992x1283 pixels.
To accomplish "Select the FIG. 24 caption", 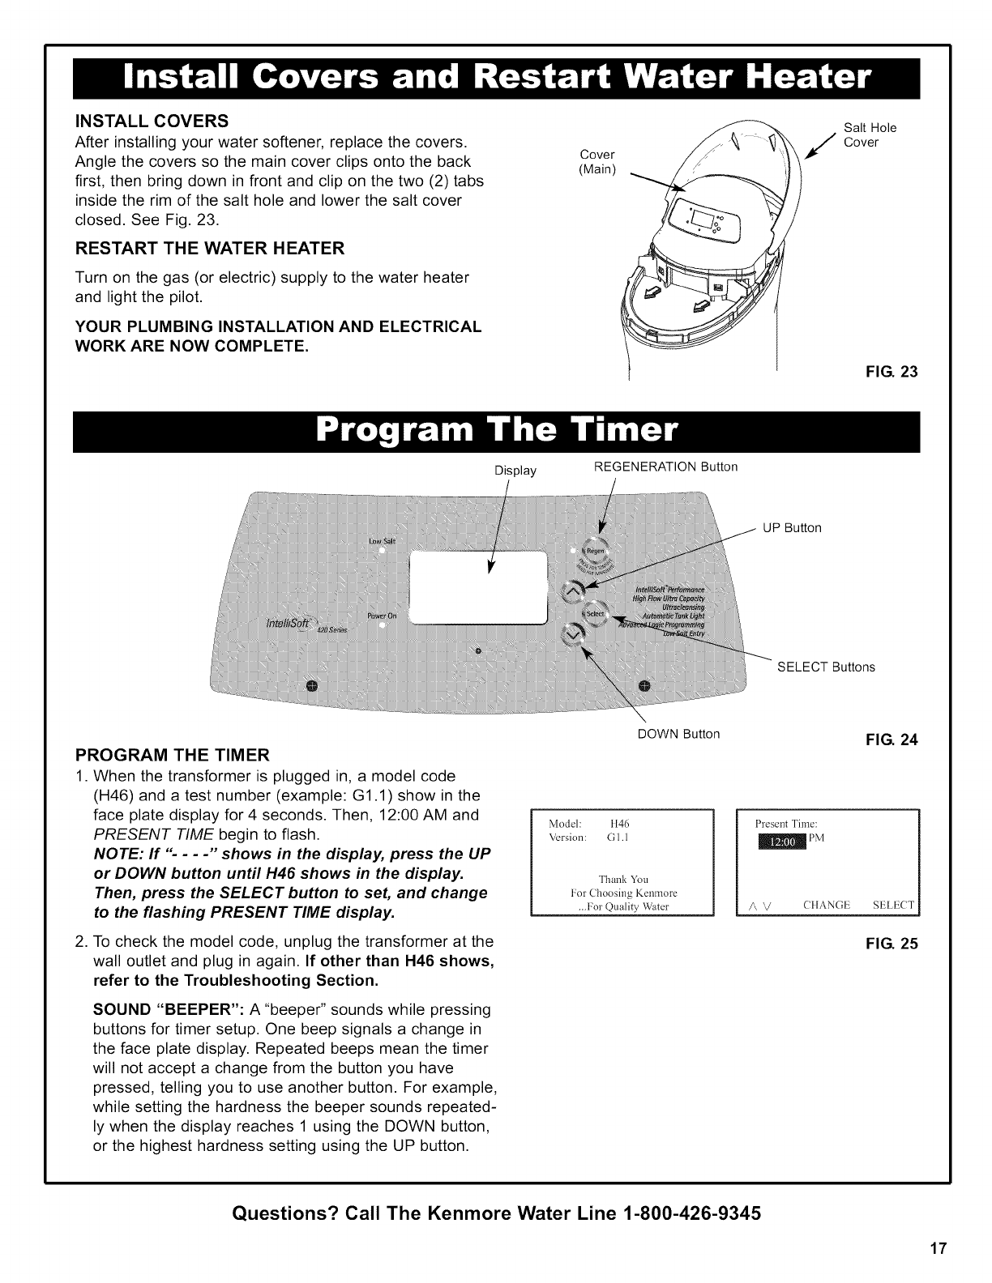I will tap(896, 740).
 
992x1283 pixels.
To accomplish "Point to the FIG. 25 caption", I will tap(896, 944).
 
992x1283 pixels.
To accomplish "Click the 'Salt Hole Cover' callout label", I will tap(870, 135).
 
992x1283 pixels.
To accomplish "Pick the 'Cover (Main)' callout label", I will tap(598, 161).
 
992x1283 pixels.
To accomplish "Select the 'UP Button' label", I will tap(792, 528).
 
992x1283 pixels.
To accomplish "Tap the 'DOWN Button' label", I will tap(678, 735).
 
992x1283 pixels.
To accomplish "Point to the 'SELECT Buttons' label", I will tap(826, 667).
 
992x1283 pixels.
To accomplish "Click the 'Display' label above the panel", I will tap(515, 470).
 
